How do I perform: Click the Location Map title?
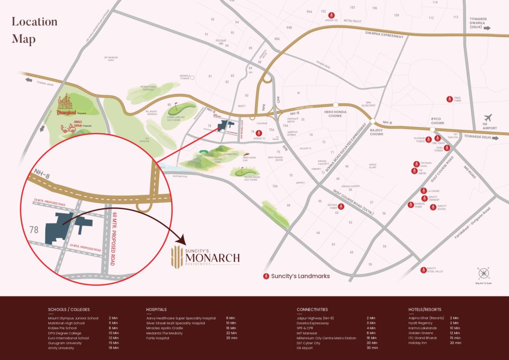(x=34, y=30)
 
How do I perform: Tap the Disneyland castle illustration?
(x=65, y=104)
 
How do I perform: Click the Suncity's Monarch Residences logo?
(x=205, y=257)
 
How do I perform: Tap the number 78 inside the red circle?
(x=34, y=230)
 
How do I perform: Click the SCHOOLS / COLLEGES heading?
(x=69, y=309)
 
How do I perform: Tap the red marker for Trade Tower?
(x=449, y=99)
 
